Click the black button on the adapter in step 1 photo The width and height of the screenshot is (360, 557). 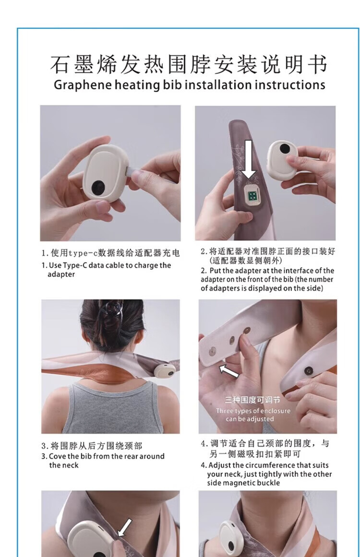click(x=98, y=187)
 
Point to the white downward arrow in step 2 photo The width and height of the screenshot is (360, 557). click(x=249, y=159)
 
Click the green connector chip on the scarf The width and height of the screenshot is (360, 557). click(x=253, y=196)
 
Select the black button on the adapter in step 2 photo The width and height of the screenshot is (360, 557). click(x=284, y=148)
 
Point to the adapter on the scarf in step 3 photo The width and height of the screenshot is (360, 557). click(x=165, y=370)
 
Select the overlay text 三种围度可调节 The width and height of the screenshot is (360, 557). click(x=253, y=400)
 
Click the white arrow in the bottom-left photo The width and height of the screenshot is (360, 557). click(x=124, y=528)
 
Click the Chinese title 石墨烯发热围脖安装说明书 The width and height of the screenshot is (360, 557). click(x=189, y=65)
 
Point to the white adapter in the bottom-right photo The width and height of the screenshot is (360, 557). click(x=229, y=539)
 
